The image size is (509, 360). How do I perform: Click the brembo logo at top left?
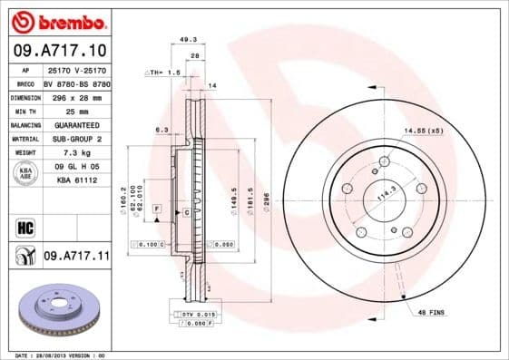pos(56,20)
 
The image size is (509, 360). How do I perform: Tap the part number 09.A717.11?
pos(75,257)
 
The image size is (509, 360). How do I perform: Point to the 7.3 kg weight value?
pos(75,153)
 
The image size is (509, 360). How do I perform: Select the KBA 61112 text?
pos(75,181)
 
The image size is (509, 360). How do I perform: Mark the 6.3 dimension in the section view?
pos(162,131)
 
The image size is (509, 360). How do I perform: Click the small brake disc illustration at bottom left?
pos(56,312)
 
